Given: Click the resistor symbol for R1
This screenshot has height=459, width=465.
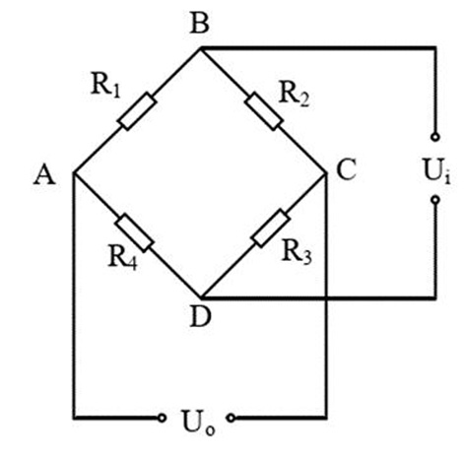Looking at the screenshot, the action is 137,111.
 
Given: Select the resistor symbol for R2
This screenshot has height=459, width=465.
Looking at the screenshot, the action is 264,111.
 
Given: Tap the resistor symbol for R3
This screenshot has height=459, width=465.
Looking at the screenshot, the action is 271,228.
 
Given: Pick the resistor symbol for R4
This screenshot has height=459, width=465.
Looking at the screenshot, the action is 134,232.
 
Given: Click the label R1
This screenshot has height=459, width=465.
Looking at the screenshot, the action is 105,85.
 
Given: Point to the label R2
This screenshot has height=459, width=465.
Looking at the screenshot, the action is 295,94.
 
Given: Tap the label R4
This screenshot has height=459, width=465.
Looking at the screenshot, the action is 123,257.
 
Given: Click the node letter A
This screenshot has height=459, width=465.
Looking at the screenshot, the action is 44,175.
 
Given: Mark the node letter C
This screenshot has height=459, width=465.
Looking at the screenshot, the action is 346,170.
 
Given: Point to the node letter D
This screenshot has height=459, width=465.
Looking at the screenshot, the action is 201,317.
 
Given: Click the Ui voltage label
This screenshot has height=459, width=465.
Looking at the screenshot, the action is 437,170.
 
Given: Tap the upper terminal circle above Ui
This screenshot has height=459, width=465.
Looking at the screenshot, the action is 435,137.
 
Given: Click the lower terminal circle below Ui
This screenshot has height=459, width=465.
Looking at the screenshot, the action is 435,200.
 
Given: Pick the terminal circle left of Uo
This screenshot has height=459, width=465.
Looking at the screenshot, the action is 162,418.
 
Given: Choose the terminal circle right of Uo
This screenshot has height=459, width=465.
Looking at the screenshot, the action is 232,418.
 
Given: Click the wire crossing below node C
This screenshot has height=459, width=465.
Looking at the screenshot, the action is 326,298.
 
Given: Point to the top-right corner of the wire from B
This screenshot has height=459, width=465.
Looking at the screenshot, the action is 435,48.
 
